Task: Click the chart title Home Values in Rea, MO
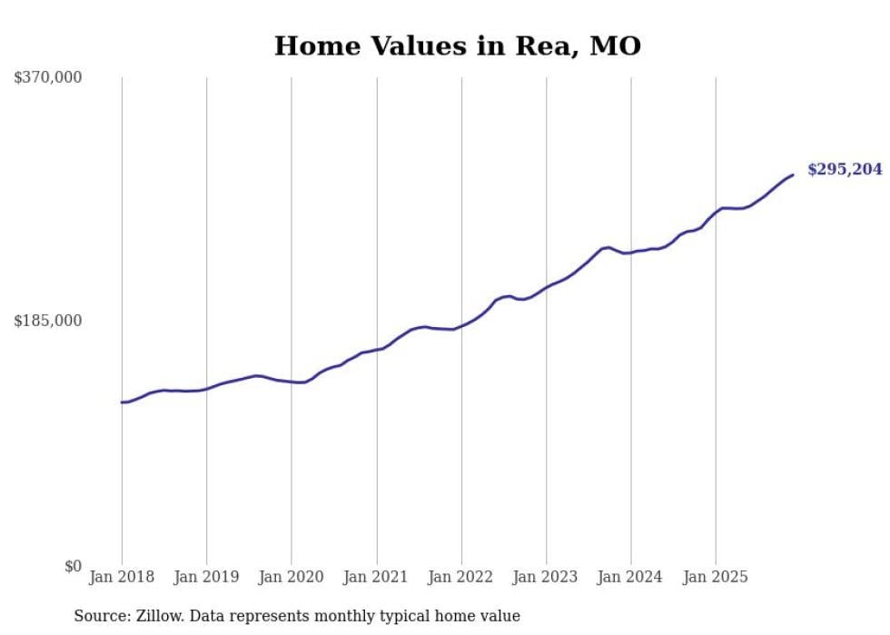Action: [x=457, y=45]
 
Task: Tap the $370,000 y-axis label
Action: [x=48, y=78]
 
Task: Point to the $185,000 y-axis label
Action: [x=48, y=321]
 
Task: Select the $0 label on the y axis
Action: [x=73, y=566]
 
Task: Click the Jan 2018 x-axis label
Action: [x=122, y=577]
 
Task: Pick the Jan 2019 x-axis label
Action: [x=206, y=577]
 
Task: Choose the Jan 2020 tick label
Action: [x=292, y=577]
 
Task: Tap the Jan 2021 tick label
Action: [x=376, y=577]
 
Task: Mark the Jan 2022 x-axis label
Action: [x=461, y=577]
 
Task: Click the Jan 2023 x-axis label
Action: [x=546, y=577]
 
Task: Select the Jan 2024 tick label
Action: [x=631, y=577]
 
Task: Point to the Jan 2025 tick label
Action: [x=716, y=577]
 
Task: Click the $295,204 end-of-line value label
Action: [x=845, y=170]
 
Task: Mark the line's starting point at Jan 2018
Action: [x=122, y=402]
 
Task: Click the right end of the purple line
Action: [x=793, y=174]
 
